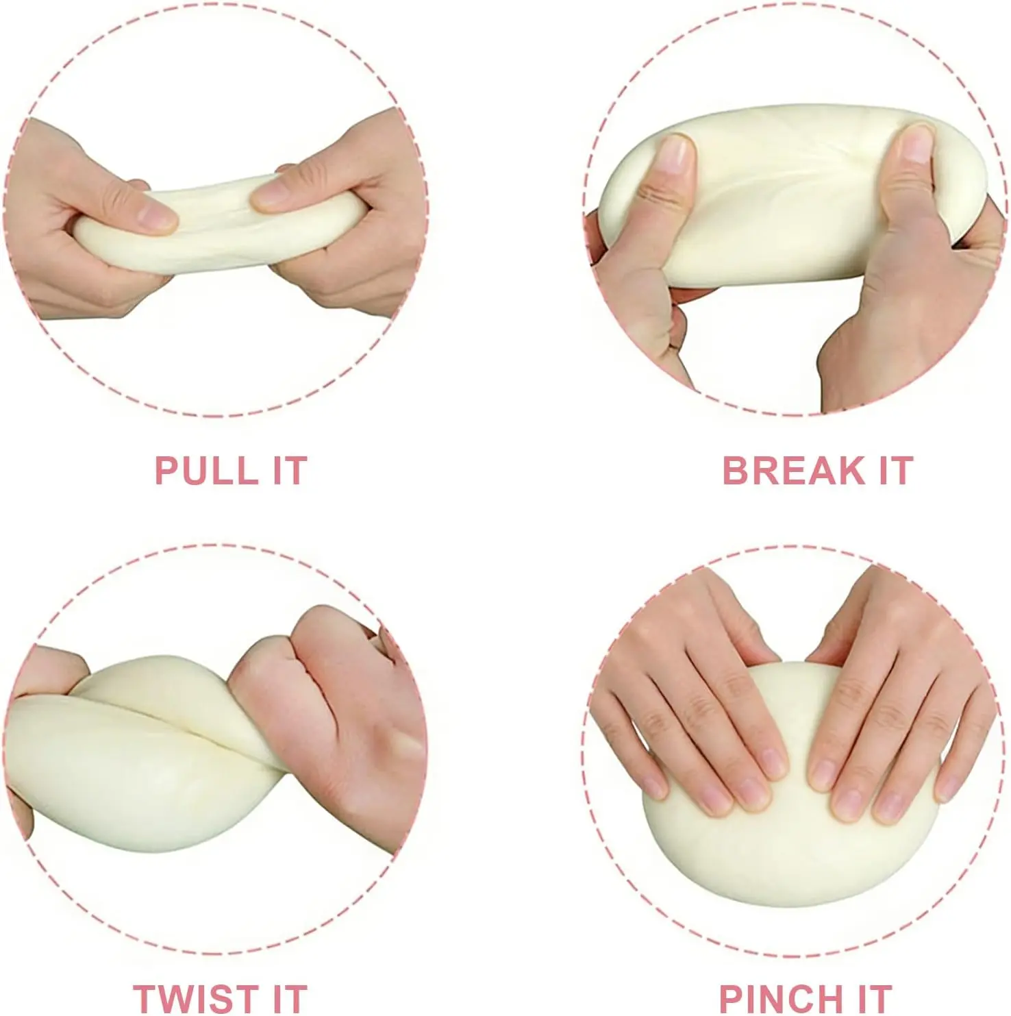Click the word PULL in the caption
click(x=204, y=471)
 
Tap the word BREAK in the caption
click(x=793, y=471)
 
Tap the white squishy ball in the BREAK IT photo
click(x=788, y=199)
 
